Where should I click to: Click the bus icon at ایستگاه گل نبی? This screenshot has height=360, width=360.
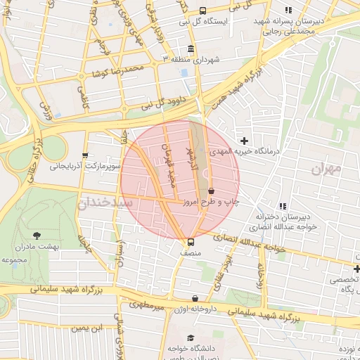(203, 11)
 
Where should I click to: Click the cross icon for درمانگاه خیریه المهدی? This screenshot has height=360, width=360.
(244, 141)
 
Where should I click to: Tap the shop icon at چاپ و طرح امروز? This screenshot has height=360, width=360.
(211, 191)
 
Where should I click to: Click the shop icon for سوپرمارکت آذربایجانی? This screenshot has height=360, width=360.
(85, 156)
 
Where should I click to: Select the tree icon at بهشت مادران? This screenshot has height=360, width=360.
(37, 236)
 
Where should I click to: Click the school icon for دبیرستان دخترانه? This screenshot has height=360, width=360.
(282, 206)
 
